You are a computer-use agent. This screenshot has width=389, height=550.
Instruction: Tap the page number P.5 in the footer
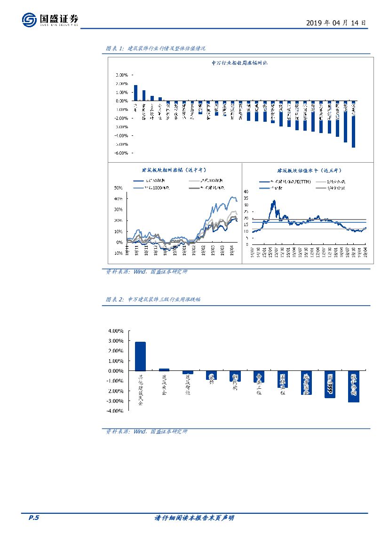[x=34, y=518]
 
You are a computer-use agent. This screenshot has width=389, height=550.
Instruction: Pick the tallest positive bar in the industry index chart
[x=136, y=93]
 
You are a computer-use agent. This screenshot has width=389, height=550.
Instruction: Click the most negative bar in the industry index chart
[x=353, y=124]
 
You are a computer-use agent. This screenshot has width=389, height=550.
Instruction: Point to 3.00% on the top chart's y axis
[x=121, y=75]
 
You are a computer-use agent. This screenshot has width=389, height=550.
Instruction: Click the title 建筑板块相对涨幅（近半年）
[x=174, y=170]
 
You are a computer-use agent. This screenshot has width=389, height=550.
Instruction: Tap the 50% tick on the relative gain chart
[x=118, y=188]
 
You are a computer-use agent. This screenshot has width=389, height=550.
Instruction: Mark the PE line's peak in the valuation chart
[x=273, y=201]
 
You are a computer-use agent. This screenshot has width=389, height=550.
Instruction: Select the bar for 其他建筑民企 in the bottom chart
[x=140, y=356]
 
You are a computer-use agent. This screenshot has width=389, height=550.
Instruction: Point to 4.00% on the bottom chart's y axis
[x=116, y=331]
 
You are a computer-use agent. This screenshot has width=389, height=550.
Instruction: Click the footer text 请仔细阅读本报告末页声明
[x=194, y=518]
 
